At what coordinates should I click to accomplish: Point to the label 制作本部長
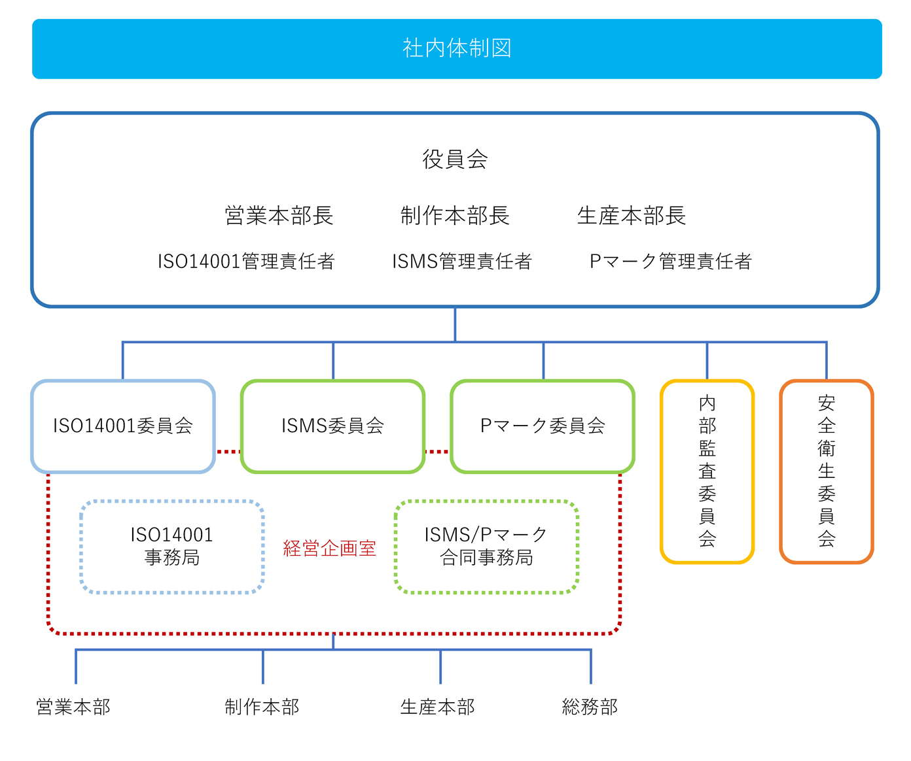(454, 215)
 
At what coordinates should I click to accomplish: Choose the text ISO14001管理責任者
(245, 261)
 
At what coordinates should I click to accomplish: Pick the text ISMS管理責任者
(461, 261)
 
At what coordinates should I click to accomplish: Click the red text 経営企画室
(329, 547)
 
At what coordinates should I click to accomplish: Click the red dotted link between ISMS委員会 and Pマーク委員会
(437, 451)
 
